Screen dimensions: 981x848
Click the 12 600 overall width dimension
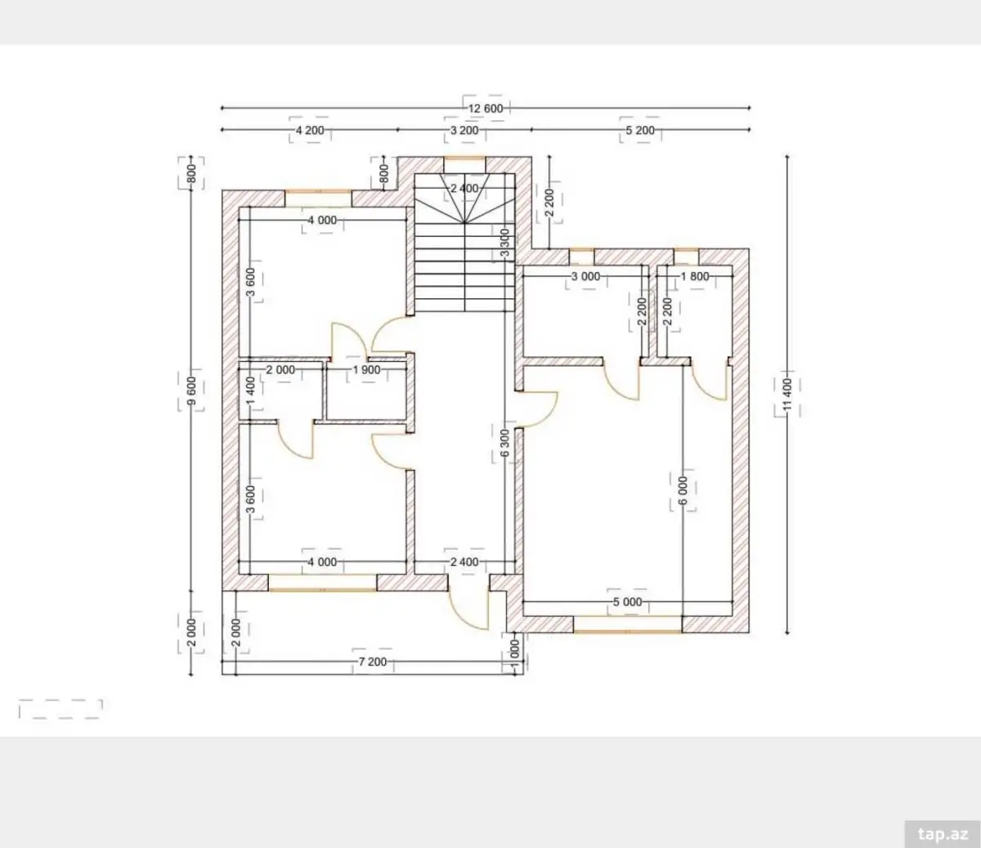point(486,109)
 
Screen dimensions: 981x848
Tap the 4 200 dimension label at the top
point(310,130)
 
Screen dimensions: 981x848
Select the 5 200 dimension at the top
point(640,130)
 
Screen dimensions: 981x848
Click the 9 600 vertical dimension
point(191,390)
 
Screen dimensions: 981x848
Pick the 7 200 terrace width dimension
point(372,662)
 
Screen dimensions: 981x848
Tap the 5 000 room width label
point(627,602)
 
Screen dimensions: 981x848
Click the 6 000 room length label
point(683,491)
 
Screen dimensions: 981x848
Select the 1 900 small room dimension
point(366,369)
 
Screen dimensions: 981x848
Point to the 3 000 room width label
point(585,276)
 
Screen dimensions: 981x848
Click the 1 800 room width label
point(695,276)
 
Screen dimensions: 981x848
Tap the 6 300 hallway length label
point(505,443)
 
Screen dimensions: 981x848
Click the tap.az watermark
point(942,834)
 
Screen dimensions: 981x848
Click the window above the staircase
point(464,158)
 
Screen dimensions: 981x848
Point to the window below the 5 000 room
point(627,632)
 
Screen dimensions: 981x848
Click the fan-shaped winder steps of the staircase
point(464,199)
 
